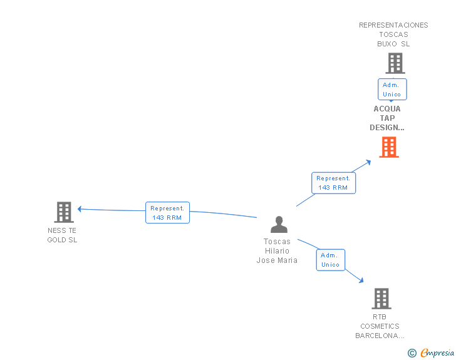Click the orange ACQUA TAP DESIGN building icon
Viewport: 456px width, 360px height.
[x=389, y=147]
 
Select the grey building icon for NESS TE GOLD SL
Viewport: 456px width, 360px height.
[x=64, y=212]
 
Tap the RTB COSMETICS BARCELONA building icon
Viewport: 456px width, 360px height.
[x=381, y=299]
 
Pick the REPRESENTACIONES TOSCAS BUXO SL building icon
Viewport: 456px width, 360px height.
[x=395, y=63]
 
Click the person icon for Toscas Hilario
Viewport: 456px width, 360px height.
[x=278, y=224]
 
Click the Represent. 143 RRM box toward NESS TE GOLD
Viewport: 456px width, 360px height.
[x=167, y=213]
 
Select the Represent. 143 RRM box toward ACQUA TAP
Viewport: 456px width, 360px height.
[x=333, y=183]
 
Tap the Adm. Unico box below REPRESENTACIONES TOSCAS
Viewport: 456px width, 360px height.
[x=392, y=89]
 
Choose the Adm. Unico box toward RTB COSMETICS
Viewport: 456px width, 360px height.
[x=330, y=260]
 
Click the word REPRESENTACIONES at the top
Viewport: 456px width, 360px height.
[x=393, y=25]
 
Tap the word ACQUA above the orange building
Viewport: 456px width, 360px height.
[x=387, y=109]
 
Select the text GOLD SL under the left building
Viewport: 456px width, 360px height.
[x=62, y=240]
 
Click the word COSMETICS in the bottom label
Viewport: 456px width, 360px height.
[x=380, y=326]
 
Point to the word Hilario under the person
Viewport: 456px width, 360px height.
[x=277, y=251]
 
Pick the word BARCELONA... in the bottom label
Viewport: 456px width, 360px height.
[x=380, y=336]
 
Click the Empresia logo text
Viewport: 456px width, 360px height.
[x=438, y=353]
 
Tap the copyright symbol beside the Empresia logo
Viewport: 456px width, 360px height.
[x=412, y=354]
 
